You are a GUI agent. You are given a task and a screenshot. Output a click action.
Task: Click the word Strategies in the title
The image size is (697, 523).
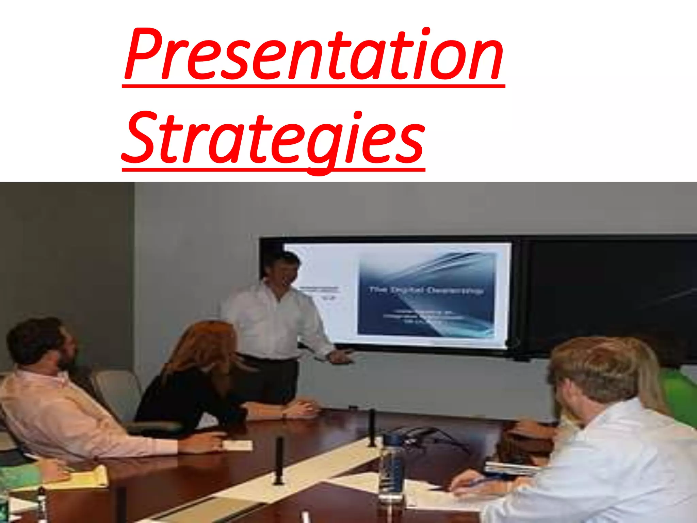pyautogui.click(x=272, y=140)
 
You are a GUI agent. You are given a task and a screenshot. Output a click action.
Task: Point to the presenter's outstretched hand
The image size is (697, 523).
pyautogui.click(x=340, y=356)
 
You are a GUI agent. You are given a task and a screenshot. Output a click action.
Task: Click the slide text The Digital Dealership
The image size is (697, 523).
pyautogui.click(x=425, y=290)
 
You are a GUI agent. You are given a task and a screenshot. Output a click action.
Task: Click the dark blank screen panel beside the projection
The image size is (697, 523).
pyautogui.click(x=606, y=296)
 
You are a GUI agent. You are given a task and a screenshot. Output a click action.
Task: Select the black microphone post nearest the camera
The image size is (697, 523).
pyautogui.click(x=279, y=460)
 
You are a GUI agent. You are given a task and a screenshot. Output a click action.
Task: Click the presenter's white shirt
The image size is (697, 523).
pyautogui.click(x=272, y=320)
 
